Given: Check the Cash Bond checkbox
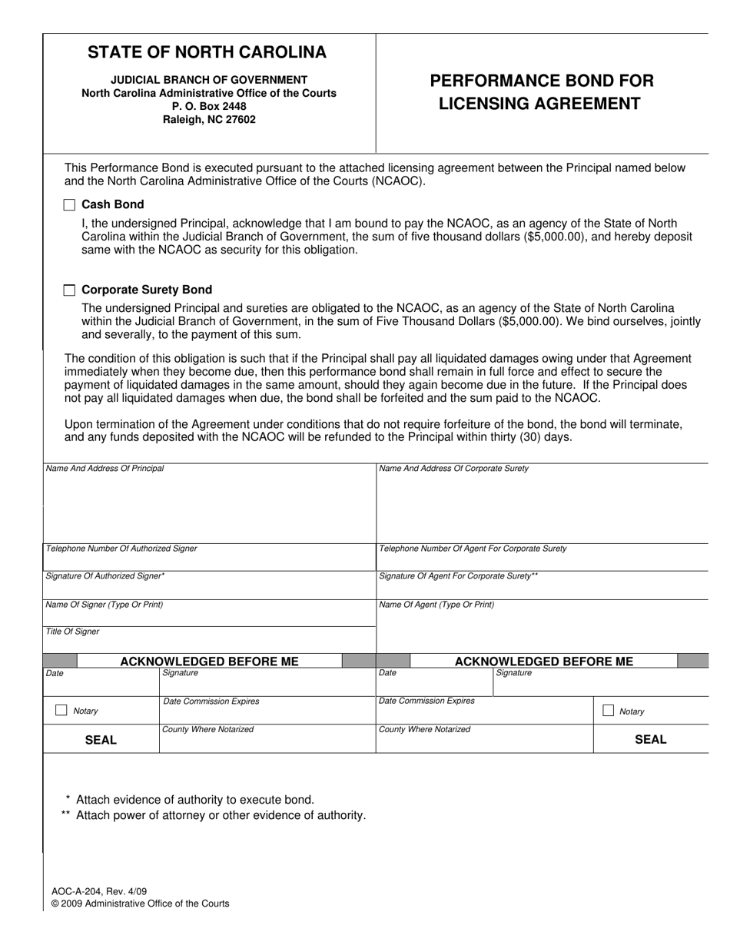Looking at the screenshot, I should tap(69, 204).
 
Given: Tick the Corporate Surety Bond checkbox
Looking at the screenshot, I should tap(69, 290).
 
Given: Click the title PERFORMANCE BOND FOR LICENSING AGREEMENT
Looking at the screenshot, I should tap(541, 92).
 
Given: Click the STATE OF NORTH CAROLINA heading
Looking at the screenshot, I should tap(207, 52).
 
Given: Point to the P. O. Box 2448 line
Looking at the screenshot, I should tap(209, 106).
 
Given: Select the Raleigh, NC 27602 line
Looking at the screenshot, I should tap(209, 120).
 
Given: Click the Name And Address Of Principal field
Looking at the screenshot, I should tap(209, 507).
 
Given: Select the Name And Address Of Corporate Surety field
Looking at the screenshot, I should tap(542, 507).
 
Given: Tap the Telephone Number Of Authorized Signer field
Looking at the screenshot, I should tap(209, 560).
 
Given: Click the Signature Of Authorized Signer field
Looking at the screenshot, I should tap(209, 587).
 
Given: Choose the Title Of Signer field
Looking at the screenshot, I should tap(209, 642).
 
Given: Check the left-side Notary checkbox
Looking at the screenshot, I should tap(61, 711).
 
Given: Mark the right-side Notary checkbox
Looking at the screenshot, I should tap(609, 711).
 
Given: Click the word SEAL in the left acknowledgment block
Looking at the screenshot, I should tap(101, 740).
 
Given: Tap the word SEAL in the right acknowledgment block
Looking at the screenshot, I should tap(650, 739).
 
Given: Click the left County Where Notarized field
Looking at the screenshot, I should tap(267, 741).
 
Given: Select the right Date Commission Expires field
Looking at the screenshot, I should tap(484, 712).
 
